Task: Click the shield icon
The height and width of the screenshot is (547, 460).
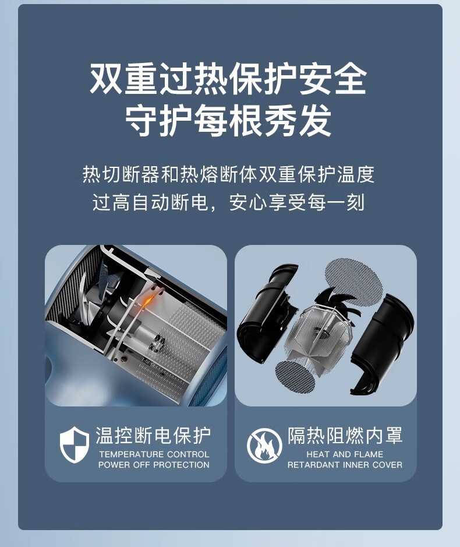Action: [74, 445]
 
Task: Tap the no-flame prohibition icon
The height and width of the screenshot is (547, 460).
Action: [264, 446]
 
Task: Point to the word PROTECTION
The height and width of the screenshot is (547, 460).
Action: [182, 465]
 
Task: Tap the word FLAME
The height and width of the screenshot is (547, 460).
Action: [369, 454]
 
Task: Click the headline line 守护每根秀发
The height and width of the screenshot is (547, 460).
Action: [228, 121]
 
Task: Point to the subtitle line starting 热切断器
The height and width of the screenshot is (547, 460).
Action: [228, 174]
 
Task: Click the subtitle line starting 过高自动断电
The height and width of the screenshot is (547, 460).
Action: [228, 202]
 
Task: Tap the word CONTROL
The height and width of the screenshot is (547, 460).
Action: [188, 454]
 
